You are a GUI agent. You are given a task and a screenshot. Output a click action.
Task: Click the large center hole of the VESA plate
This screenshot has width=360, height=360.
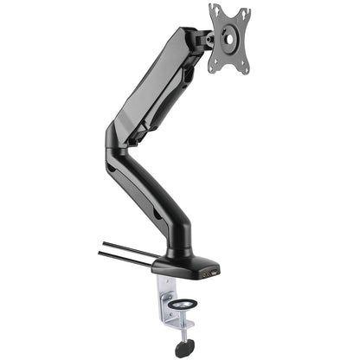tap(230, 37)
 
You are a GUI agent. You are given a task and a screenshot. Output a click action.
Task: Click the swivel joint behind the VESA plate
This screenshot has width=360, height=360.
tap(207, 38)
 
